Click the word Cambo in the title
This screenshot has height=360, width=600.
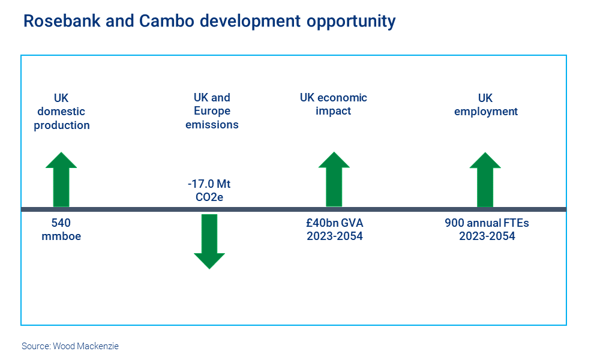tap(166, 22)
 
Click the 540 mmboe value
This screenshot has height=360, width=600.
tap(61, 229)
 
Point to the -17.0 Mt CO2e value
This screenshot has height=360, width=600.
tap(209, 190)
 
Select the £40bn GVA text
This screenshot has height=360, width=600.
tap(334, 223)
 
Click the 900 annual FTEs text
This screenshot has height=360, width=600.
tap(487, 223)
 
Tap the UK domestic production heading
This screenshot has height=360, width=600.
tap(62, 112)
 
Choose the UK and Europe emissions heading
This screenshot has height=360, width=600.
tap(212, 111)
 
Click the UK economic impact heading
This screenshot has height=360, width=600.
tap(334, 104)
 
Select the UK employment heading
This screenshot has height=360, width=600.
tap(485, 104)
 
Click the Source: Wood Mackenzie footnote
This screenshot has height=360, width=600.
tap(70, 346)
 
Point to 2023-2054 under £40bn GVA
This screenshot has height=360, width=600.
tap(335, 236)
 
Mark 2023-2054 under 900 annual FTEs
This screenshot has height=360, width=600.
tap(487, 236)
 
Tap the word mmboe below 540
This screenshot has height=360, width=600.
tap(61, 236)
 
